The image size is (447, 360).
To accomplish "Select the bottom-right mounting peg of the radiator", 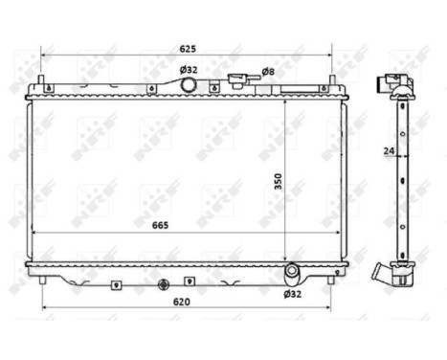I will (331, 277).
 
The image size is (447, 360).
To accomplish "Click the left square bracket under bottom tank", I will (116, 283).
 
